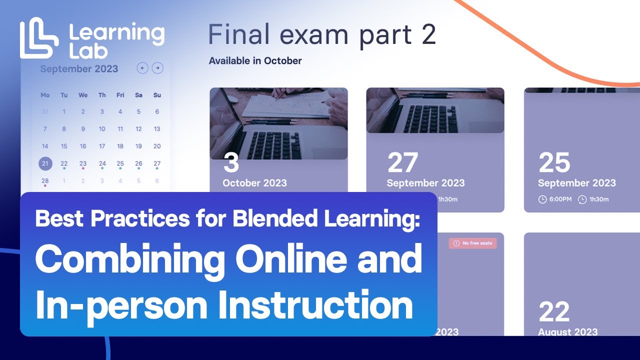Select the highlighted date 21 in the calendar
coord(45,163)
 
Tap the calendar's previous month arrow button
coord(142,68)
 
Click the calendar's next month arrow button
coord(157,68)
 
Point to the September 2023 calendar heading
coord(79,69)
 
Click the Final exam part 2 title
coord(322,35)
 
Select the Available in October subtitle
coord(255,61)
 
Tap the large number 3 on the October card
coord(231,162)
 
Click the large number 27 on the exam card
coord(402,162)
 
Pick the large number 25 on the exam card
coord(554,162)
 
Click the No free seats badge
coord(473,243)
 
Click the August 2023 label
coord(567,332)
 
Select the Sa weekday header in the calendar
coord(138,95)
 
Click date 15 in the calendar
coord(64,146)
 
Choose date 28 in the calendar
coord(45,180)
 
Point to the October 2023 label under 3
coord(254,183)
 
